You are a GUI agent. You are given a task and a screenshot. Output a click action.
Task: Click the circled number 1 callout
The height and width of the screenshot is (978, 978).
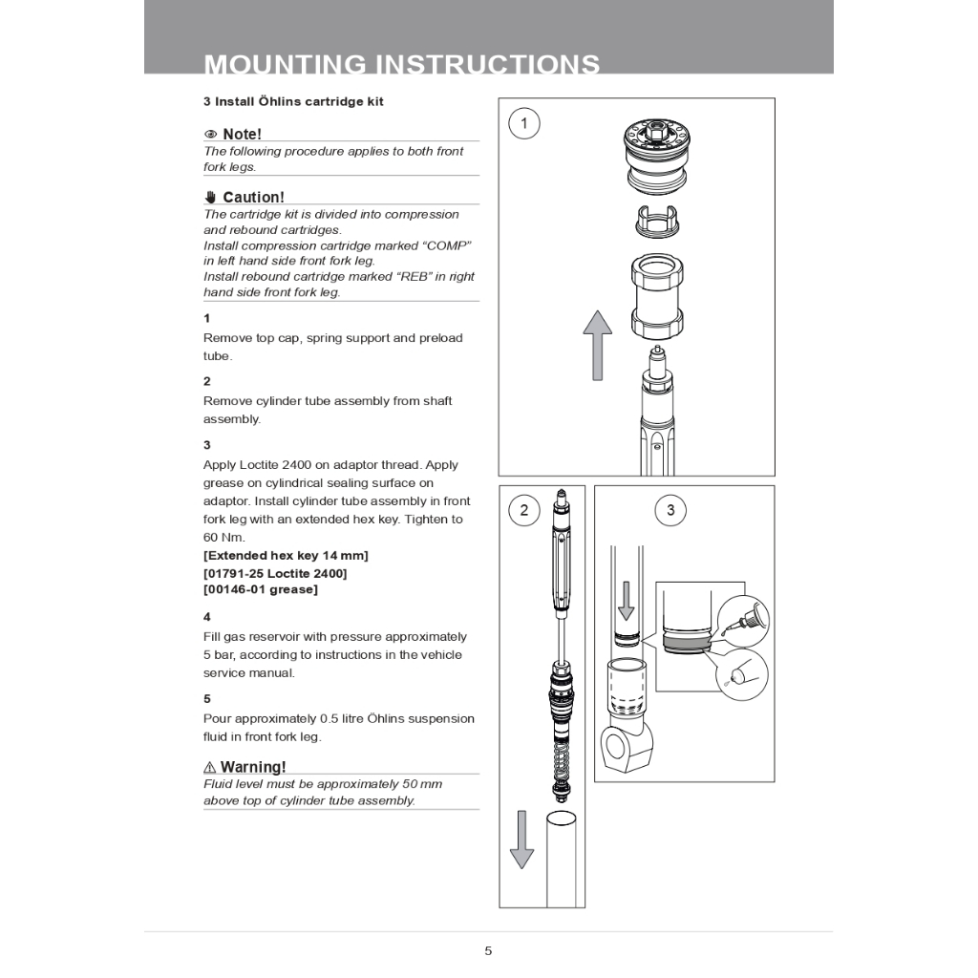[x=523, y=123]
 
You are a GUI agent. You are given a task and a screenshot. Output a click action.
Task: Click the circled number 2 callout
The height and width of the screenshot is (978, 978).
[x=523, y=510]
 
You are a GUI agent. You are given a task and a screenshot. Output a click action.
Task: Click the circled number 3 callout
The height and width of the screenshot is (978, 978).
[x=670, y=510]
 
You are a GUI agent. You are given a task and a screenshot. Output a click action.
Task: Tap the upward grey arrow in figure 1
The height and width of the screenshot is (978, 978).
[x=598, y=345]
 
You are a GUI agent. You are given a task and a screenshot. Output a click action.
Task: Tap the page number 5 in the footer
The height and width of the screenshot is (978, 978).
[x=488, y=950]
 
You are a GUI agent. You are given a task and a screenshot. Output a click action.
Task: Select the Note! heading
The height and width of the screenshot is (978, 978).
[x=242, y=134]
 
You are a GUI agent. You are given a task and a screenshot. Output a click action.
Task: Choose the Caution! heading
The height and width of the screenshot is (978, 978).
[x=253, y=197]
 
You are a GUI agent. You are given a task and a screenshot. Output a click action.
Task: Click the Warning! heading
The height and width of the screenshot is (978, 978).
[x=253, y=767]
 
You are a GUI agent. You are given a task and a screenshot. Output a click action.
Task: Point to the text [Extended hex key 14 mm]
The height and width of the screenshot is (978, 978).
[x=286, y=555]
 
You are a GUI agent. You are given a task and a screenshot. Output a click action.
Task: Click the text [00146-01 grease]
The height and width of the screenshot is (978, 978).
[x=261, y=589]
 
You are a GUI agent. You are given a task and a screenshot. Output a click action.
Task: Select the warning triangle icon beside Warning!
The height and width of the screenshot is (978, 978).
[x=210, y=768]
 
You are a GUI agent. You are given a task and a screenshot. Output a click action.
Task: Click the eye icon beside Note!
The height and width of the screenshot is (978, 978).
[x=211, y=135]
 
